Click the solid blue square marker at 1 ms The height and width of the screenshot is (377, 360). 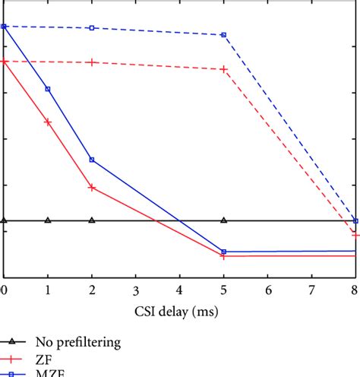[48, 89]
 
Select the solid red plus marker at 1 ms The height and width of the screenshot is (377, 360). [48, 122]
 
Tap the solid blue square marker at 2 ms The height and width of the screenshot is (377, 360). [92, 160]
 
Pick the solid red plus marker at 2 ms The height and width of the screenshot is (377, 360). [92, 187]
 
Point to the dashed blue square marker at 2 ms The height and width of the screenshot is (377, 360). [92, 28]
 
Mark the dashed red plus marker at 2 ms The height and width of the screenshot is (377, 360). [92, 62]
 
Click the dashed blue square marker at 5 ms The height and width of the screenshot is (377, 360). [223, 35]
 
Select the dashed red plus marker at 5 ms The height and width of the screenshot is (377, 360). [223, 69]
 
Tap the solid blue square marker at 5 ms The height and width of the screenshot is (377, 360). [223, 252]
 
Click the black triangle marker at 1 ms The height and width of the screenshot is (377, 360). [48, 220]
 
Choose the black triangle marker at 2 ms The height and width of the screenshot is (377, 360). [92, 220]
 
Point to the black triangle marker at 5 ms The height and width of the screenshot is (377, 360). [223, 220]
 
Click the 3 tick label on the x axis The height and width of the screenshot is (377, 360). [135, 290]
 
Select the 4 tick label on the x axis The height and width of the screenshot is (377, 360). [179, 290]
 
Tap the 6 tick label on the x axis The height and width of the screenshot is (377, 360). [267, 290]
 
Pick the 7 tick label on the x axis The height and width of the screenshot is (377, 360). [311, 290]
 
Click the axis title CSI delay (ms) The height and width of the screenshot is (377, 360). [179, 311]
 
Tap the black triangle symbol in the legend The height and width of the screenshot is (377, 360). [13, 342]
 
